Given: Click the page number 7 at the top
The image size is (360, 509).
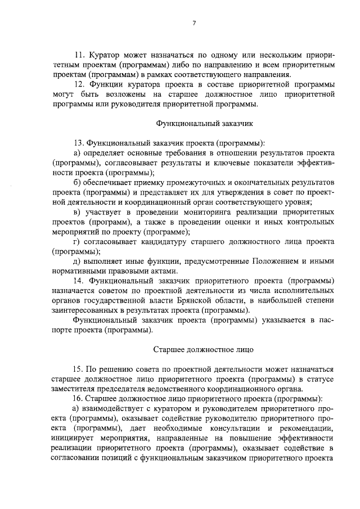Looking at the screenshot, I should pyautogui.click(x=193, y=23).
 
